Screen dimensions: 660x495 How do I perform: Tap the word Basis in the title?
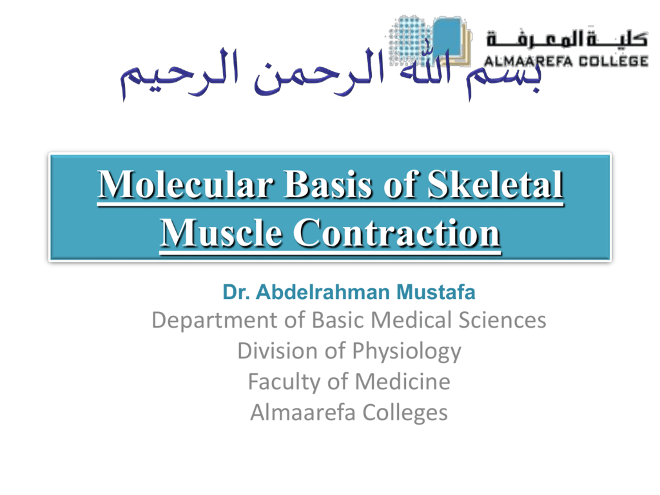pyautogui.click(x=328, y=184)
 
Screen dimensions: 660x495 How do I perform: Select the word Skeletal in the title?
pyautogui.click(x=496, y=184)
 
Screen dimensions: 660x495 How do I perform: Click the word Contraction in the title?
pyautogui.click(x=396, y=232)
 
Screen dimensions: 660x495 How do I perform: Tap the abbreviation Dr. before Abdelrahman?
pyautogui.click(x=236, y=292)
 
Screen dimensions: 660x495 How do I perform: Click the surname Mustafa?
pyautogui.click(x=436, y=292)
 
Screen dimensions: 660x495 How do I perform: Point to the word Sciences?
pyautogui.click(x=502, y=320)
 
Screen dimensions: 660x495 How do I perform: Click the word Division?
pyautogui.click(x=278, y=351)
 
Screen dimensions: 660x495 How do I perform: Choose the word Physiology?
pyautogui.click(x=407, y=352)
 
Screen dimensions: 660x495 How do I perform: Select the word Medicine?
pyautogui.click(x=402, y=382)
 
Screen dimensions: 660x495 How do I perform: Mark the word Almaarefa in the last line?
pyautogui.click(x=303, y=412)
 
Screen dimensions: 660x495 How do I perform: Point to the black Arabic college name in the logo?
pyautogui.click(x=567, y=39)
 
